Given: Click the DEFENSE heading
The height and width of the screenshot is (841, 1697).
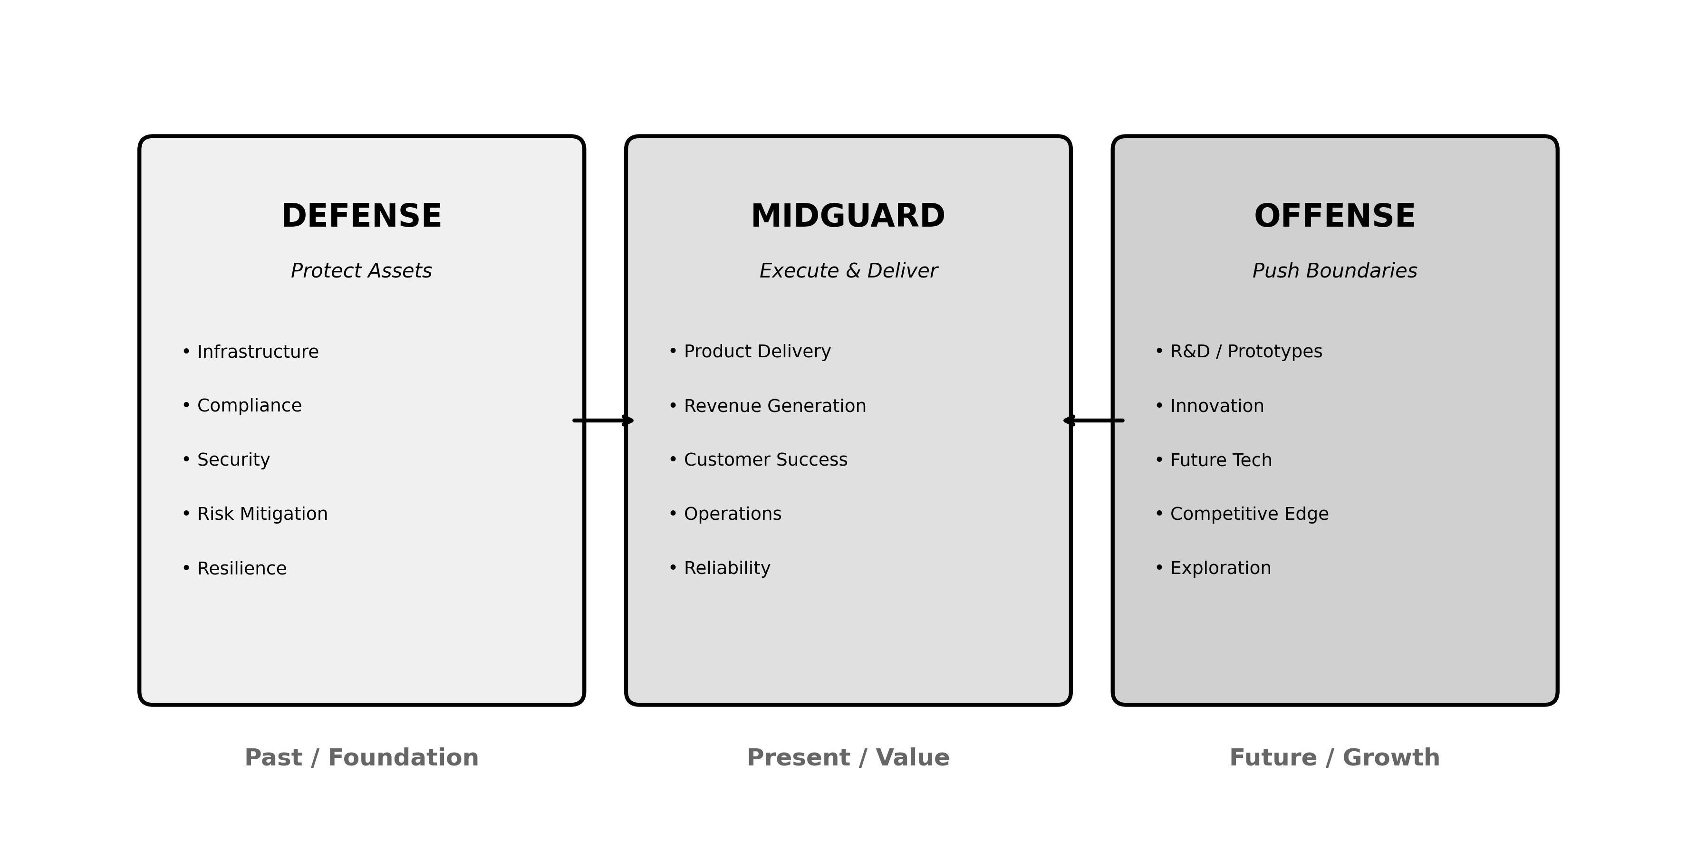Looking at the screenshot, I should (x=361, y=217).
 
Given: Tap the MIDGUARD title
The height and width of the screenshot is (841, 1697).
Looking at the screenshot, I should (x=848, y=217).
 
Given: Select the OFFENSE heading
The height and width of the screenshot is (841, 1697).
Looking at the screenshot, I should (x=1334, y=217).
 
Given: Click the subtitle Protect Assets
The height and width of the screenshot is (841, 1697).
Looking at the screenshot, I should (x=361, y=271).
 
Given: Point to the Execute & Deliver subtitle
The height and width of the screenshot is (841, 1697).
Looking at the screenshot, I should (x=848, y=271).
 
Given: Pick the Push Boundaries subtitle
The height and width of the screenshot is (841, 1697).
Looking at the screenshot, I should (x=1334, y=271).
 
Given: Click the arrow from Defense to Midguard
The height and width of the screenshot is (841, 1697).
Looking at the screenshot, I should (x=603, y=420).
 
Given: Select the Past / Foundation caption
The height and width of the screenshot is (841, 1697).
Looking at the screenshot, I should (x=361, y=757).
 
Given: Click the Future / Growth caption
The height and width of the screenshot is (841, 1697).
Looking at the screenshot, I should (x=1334, y=757).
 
